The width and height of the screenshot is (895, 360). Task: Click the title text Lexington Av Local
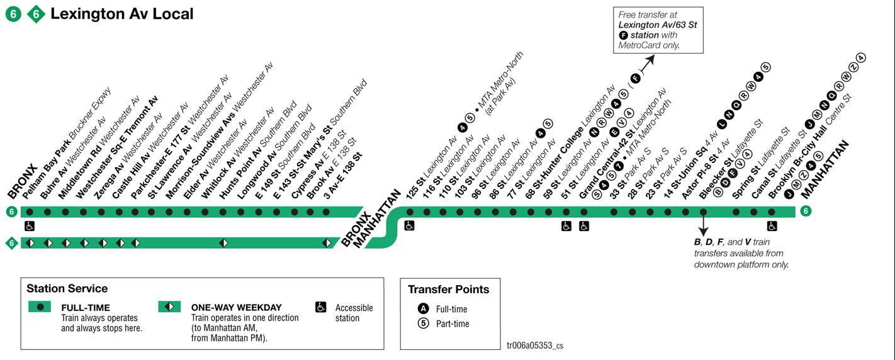(122, 13)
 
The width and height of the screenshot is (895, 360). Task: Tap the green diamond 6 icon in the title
(36, 14)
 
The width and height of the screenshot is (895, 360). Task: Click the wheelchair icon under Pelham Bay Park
(29, 226)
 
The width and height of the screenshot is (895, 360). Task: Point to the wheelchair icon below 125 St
(409, 226)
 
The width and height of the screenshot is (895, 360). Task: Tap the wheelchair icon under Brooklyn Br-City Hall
(772, 226)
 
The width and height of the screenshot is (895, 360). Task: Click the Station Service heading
(67, 289)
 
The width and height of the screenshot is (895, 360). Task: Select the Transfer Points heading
(448, 290)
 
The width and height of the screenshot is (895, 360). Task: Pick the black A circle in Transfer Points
(424, 309)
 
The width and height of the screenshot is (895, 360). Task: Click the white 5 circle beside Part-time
(424, 323)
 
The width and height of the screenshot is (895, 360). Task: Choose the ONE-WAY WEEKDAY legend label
(236, 308)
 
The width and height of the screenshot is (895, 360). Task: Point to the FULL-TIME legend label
(86, 308)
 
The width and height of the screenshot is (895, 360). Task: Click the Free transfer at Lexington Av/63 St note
(658, 30)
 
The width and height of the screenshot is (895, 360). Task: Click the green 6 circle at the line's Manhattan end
(805, 211)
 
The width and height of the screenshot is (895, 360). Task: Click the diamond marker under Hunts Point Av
(223, 243)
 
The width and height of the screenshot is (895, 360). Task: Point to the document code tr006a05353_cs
(534, 346)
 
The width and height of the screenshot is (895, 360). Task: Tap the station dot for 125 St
(409, 212)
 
